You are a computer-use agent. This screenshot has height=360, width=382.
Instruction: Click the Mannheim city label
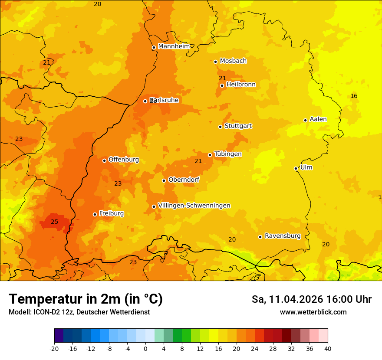pyautogui.click(x=174, y=46)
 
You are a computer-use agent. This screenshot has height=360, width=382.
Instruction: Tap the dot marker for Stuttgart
pyautogui.click(x=221, y=127)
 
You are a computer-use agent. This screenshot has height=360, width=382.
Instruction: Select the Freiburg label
pyautogui.click(x=111, y=213)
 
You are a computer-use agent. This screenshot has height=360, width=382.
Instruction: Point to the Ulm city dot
pyautogui.click(x=296, y=168)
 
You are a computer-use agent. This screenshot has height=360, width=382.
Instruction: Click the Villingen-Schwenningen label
pyautogui.click(x=194, y=206)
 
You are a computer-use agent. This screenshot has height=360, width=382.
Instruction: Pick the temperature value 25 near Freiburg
pyautogui.click(x=54, y=222)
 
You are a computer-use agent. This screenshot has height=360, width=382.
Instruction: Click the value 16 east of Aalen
pyautogui.click(x=354, y=96)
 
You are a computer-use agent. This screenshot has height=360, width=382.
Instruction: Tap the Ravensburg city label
pyautogui.click(x=283, y=236)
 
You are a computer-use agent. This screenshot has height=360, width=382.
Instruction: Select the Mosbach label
pyautogui.click(x=233, y=61)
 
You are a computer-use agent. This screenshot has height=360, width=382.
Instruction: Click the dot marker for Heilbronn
pyautogui.click(x=222, y=85)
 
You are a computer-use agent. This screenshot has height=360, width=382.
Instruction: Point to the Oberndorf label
pyautogui.click(x=184, y=180)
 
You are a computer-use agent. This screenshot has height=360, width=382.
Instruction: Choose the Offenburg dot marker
pyautogui.click(x=105, y=160)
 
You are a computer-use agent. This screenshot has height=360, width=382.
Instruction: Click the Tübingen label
pyautogui.click(x=228, y=154)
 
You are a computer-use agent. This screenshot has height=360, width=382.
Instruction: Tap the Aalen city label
pyautogui.click(x=318, y=119)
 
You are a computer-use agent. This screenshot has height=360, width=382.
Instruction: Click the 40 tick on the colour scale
pyautogui.click(x=327, y=348)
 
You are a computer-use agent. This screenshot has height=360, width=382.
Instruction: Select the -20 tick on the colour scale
pyautogui.click(x=54, y=348)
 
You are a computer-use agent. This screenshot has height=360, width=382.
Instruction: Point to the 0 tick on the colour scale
pyautogui.click(x=145, y=348)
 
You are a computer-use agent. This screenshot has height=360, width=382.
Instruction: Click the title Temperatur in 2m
pyautogui.click(x=86, y=299)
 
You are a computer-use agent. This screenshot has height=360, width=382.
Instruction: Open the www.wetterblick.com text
pyautogui.click(x=313, y=312)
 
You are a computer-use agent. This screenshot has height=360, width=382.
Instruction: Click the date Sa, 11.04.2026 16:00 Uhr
pyautogui.click(x=311, y=299)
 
